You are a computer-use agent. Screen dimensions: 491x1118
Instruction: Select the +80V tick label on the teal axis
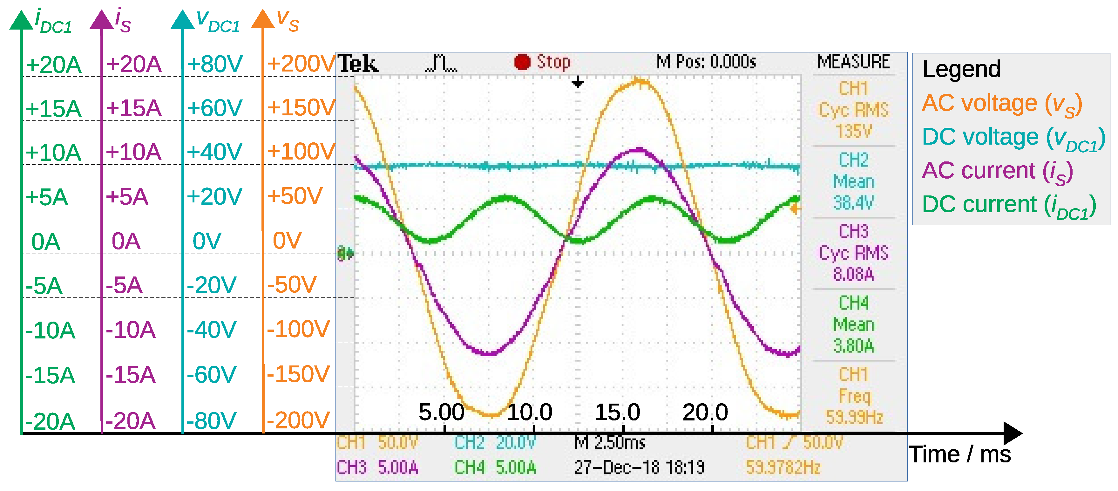(215, 64)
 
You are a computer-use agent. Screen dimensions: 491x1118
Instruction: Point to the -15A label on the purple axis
(130, 375)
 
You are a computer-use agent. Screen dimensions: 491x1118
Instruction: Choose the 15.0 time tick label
(617, 412)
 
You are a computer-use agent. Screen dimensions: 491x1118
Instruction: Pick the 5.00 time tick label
(441, 412)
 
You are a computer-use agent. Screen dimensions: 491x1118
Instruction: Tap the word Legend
(961, 69)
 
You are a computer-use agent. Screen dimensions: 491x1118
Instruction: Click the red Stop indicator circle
(522, 62)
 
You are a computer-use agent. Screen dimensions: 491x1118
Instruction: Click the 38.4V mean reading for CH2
(853, 202)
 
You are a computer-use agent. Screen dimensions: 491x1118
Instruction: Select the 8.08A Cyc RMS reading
(853, 274)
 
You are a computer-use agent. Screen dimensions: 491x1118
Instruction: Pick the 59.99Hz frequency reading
(854, 417)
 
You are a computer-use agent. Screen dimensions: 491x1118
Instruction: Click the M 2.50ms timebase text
(610, 443)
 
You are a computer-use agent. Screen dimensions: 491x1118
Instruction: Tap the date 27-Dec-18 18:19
(639, 467)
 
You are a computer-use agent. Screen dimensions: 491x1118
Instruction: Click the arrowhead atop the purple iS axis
(102, 20)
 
